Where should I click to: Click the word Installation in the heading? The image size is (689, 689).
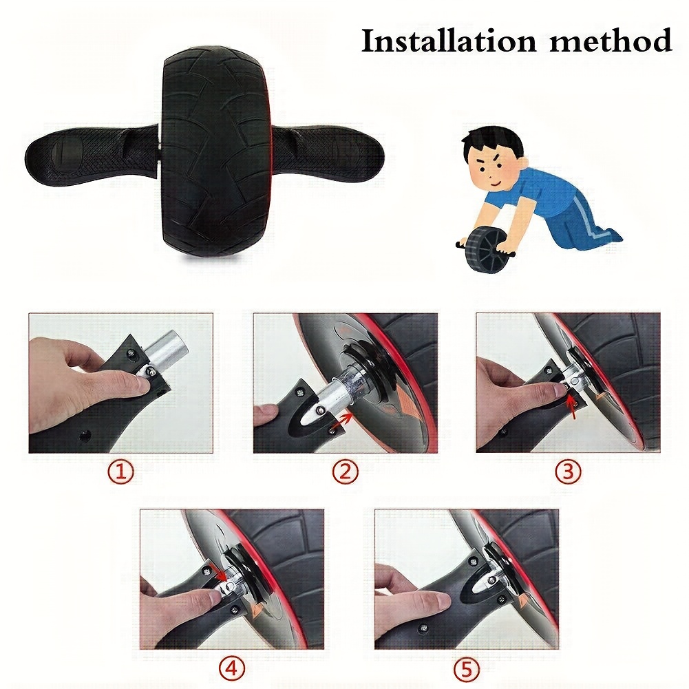tap(448, 41)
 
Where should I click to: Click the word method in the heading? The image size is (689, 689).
tap(611, 41)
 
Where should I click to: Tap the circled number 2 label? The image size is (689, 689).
tap(346, 471)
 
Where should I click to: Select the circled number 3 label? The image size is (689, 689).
tap(568, 471)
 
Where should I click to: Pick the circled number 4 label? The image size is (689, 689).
tap(232, 669)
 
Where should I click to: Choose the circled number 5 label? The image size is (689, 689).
tap(466, 669)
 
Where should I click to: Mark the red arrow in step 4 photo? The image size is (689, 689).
tap(219, 571)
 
